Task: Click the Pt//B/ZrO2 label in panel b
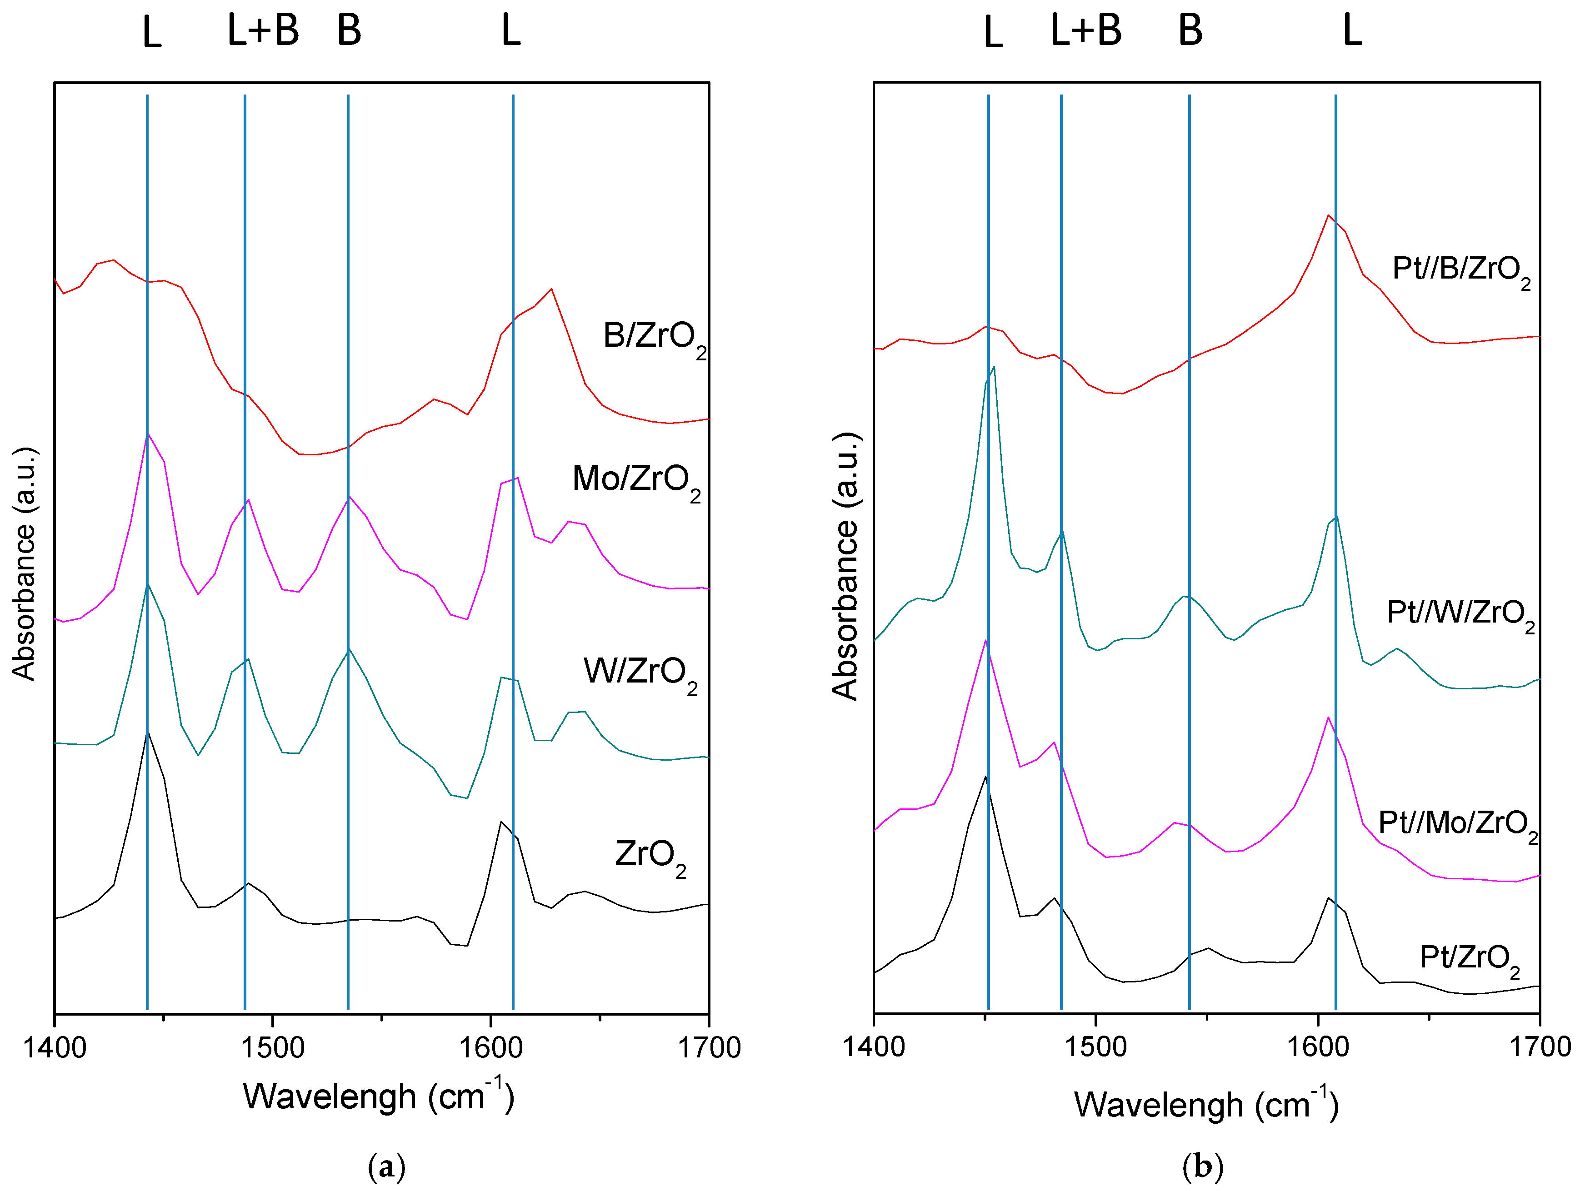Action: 1461,271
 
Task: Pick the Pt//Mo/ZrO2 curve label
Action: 1457,825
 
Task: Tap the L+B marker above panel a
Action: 263,31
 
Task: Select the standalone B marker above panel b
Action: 1190,31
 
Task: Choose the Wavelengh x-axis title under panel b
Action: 1206,1105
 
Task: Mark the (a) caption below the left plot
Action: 386,1167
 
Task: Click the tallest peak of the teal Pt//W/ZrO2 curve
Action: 994,367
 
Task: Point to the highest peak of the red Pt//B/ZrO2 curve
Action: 1328,216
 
